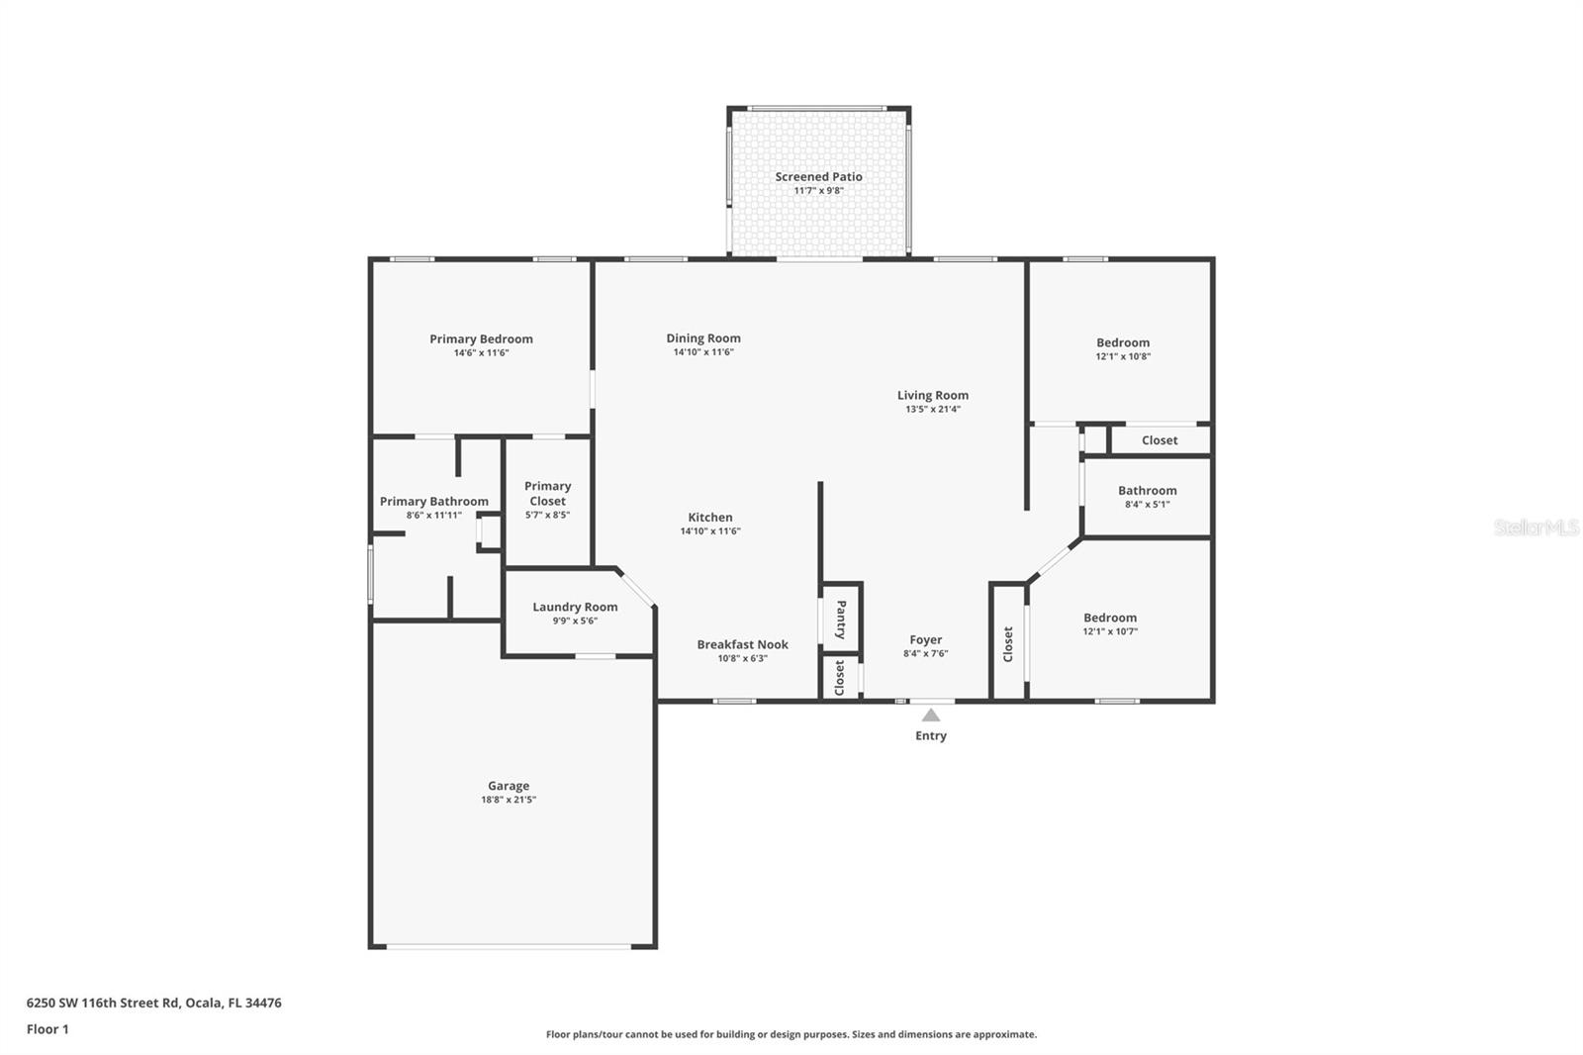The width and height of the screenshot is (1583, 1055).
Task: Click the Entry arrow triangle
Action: [x=931, y=715]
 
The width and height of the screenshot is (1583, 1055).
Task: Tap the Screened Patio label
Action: [x=818, y=177]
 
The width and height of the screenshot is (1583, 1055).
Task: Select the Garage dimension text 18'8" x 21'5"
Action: [x=509, y=800]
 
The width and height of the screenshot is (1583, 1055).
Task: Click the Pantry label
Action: [x=841, y=620]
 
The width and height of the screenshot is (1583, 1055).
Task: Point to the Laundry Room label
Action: [x=575, y=607]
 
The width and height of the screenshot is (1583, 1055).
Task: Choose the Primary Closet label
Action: [x=547, y=493]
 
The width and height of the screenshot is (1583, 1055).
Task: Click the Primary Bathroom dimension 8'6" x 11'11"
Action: [x=434, y=515]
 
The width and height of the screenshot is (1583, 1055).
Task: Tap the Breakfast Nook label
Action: [x=742, y=644]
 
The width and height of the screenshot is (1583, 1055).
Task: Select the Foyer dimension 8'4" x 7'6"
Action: [x=926, y=653]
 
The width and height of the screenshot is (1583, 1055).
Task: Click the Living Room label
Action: [x=933, y=395]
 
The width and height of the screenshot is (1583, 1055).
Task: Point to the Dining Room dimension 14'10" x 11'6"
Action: [x=703, y=352]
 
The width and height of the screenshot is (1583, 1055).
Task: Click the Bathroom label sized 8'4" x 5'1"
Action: [x=1148, y=490]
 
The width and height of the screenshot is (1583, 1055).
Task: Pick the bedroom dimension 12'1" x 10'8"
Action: [x=1123, y=356]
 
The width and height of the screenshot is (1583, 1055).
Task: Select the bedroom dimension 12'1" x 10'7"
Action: [x=1110, y=631]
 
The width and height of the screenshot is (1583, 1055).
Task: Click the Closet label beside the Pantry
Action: [x=840, y=678]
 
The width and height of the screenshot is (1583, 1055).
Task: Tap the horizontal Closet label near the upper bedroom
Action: [x=1160, y=440]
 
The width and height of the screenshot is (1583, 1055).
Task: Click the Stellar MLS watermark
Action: [x=1536, y=527]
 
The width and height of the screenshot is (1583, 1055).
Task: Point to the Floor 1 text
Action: [x=47, y=1029]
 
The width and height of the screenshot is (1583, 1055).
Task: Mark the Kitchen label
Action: [x=710, y=517]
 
